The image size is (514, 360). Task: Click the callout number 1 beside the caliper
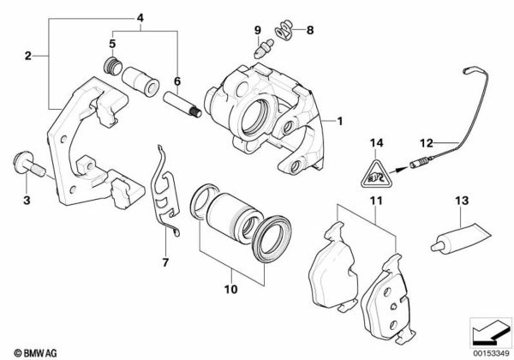(340, 122)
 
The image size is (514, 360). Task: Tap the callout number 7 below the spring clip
(165, 262)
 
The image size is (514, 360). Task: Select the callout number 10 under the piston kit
(230, 289)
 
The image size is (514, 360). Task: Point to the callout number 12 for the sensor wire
(427, 143)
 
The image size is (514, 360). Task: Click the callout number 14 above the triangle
(377, 143)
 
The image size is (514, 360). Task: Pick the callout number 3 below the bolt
(27, 200)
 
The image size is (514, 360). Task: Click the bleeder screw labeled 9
(264, 49)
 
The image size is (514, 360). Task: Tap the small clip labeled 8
(284, 29)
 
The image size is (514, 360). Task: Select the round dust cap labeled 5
(113, 66)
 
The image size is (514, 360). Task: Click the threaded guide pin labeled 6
(182, 105)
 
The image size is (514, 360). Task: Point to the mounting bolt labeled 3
(29, 164)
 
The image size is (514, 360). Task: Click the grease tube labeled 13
(461, 239)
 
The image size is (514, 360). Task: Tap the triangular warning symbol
(376, 175)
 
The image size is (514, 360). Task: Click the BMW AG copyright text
(35, 353)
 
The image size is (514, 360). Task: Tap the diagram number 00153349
(492, 353)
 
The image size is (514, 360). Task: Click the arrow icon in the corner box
(490, 333)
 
